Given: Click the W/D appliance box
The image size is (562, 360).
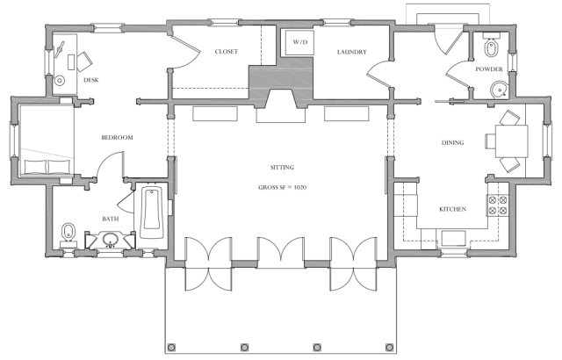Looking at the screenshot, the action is click(x=299, y=42).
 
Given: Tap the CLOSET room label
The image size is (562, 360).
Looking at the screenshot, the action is click(x=227, y=52).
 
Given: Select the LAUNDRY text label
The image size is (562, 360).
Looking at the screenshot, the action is click(x=351, y=52).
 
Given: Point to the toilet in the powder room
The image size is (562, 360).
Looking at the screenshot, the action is click(x=491, y=46).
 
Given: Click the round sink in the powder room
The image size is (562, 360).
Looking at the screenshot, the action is click(x=499, y=90).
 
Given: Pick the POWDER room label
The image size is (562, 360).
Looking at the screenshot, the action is click(x=489, y=69).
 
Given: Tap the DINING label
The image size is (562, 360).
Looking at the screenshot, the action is click(x=452, y=142).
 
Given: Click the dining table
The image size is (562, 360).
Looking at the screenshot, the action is click(x=511, y=141).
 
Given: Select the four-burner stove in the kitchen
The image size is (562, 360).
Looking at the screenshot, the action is click(x=498, y=205).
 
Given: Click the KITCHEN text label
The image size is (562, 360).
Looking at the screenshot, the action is click(x=453, y=209).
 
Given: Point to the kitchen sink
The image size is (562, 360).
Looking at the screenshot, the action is click(x=453, y=239).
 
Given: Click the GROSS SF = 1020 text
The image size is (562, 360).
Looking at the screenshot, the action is click(x=282, y=187).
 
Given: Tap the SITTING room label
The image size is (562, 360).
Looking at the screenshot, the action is click(x=282, y=168).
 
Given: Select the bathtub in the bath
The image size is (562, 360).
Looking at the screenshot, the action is click(x=151, y=212).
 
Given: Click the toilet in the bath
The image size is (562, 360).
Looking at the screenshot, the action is click(x=68, y=235).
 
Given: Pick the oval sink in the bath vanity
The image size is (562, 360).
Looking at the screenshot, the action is click(x=111, y=239).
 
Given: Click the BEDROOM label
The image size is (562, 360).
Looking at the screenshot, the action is click(x=117, y=138).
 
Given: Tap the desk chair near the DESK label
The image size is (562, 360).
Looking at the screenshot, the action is click(x=84, y=61).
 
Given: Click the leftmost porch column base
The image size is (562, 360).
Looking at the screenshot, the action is click(x=171, y=347).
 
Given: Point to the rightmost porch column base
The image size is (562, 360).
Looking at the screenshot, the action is click(x=390, y=347).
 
